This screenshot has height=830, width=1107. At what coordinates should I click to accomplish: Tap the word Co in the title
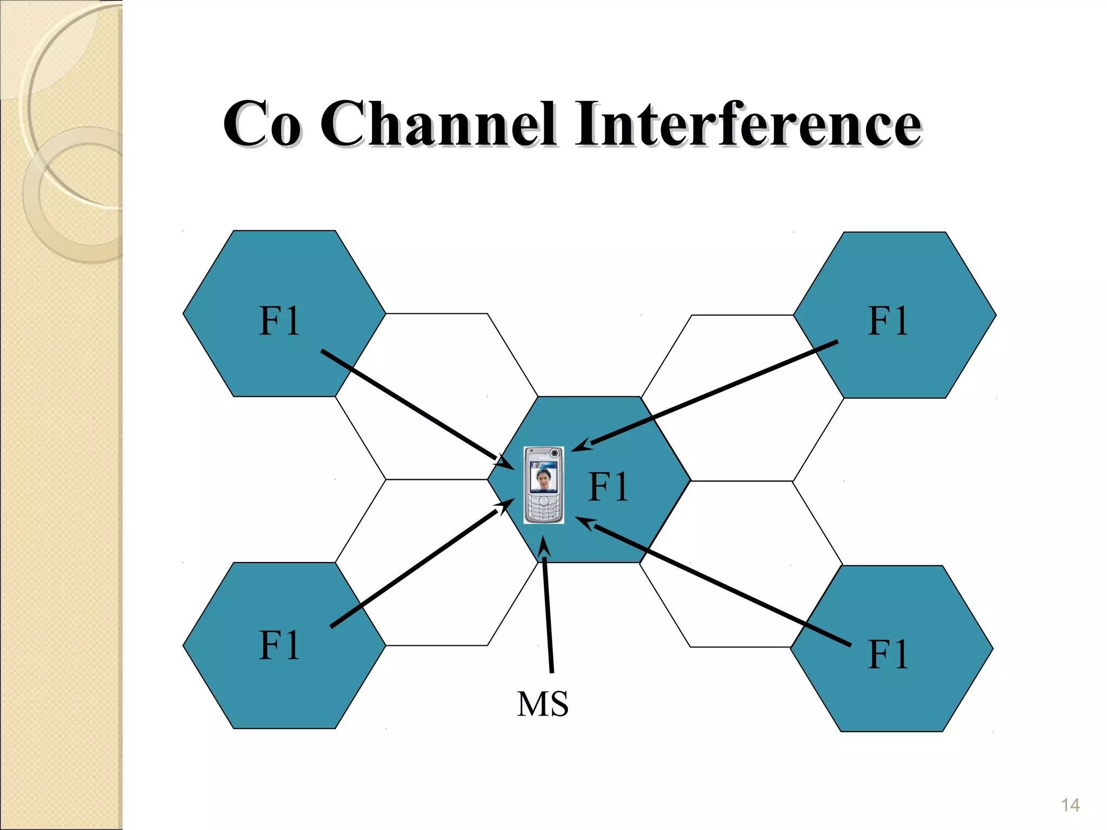(x=262, y=125)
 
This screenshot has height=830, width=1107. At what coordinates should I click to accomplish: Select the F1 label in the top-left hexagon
(x=279, y=321)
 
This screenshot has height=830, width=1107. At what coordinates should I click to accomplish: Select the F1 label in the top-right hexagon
(x=888, y=321)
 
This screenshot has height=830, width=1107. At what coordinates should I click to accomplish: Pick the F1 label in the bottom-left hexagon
(x=279, y=645)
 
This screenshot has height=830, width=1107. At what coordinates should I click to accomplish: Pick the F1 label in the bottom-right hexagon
(x=888, y=654)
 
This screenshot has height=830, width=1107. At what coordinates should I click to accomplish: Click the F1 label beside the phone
(x=609, y=486)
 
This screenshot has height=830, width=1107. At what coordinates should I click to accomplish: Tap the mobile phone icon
(x=544, y=485)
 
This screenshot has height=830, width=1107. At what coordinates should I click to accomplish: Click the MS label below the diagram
(x=543, y=705)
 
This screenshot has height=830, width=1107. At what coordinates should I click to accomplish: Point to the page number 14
(x=1070, y=805)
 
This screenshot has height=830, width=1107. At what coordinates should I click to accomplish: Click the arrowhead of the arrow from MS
(x=544, y=546)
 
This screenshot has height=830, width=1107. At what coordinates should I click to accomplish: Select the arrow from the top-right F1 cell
(x=713, y=393)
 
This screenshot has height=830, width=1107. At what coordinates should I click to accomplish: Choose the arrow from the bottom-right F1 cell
(x=719, y=584)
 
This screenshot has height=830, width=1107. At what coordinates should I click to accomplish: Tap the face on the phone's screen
(x=543, y=478)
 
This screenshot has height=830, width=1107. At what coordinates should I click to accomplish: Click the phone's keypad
(x=543, y=508)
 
